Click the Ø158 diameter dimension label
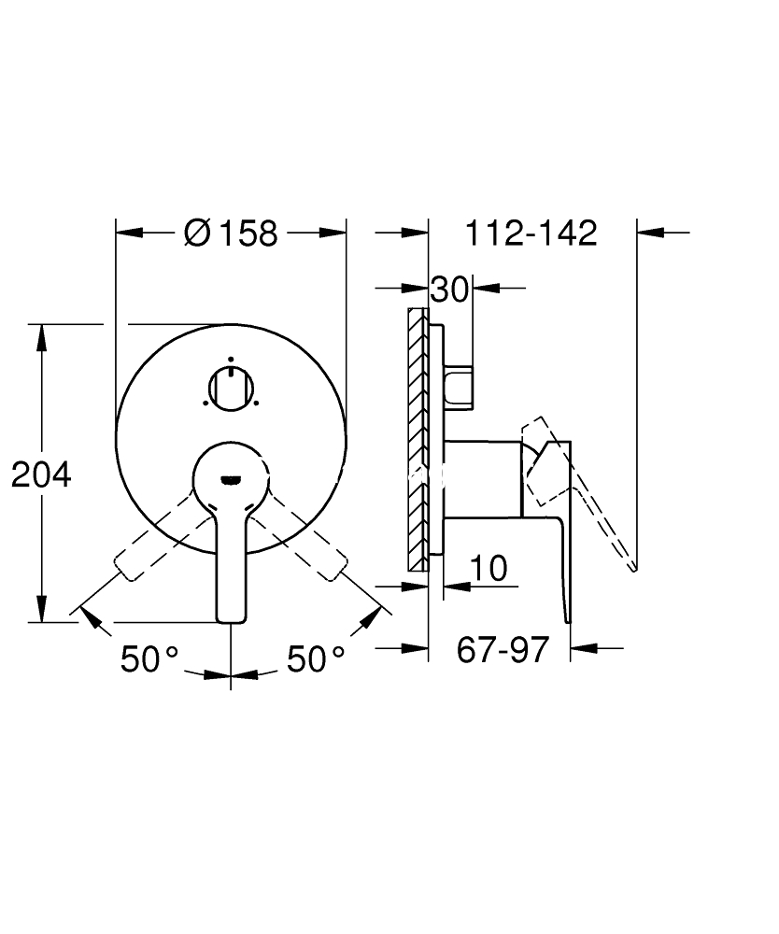[x=231, y=233]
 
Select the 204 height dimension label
[x=41, y=474]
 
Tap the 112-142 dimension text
[x=531, y=233]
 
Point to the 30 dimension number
[x=449, y=290]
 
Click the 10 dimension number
[x=489, y=568]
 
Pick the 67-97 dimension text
[x=503, y=650]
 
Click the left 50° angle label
[x=149, y=658]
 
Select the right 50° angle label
[x=316, y=658]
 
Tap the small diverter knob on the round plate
[x=231, y=389]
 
